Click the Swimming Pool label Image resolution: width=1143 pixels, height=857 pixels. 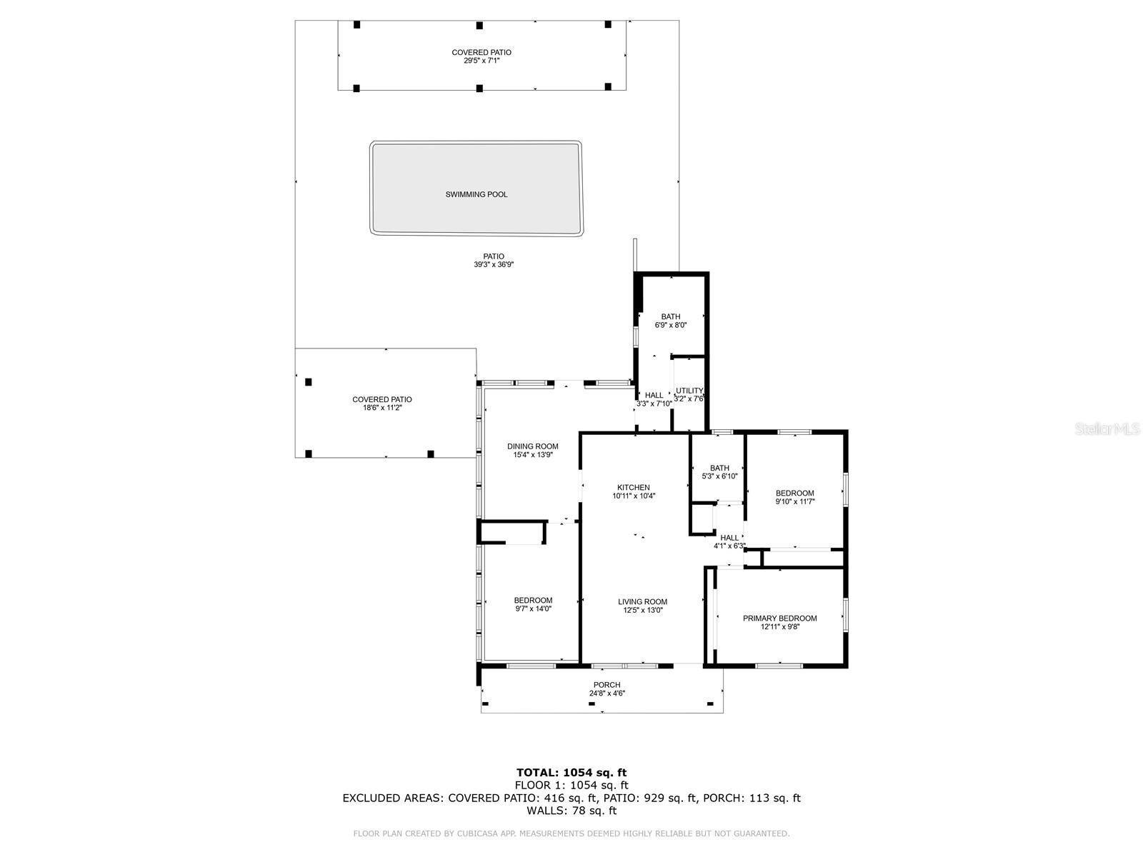(476, 194)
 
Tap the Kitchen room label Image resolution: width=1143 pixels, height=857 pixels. (634, 488)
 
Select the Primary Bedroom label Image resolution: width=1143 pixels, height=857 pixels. (779, 618)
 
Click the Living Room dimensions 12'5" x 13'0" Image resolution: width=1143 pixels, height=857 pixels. (642, 610)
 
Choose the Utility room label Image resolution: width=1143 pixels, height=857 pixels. (689, 391)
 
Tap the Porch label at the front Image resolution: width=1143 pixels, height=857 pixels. (607, 685)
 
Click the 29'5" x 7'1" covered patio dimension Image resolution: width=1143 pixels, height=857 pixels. (481, 61)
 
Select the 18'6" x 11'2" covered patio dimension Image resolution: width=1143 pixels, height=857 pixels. (382, 409)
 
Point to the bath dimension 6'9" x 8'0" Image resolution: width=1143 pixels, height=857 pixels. (670, 325)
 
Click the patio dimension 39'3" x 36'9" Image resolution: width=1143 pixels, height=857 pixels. (494, 265)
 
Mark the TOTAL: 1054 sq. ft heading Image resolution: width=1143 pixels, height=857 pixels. (571, 772)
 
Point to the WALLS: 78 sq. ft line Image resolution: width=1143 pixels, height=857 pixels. (571, 811)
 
